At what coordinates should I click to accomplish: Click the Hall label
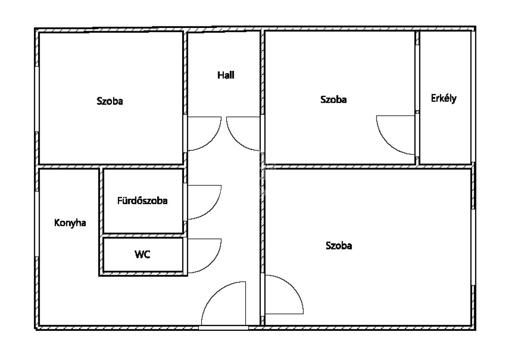pyautogui.click(x=226, y=75)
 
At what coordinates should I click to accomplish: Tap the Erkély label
pyautogui.click(x=444, y=98)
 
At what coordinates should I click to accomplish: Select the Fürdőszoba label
pyautogui.click(x=142, y=201)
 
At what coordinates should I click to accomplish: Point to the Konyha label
pyautogui.click(x=70, y=223)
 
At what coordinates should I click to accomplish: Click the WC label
pyautogui.click(x=142, y=254)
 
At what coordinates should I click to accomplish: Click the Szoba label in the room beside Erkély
pyautogui.click(x=334, y=100)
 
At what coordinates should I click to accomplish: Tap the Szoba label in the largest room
pyautogui.click(x=339, y=246)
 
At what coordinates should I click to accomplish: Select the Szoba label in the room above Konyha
pyautogui.click(x=110, y=101)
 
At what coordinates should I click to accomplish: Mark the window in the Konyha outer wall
pyautogui.click(x=36, y=224)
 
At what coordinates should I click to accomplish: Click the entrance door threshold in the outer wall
pyautogui.click(x=223, y=328)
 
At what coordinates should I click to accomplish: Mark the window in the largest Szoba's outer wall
pyautogui.click(x=473, y=247)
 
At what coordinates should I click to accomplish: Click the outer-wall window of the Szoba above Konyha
pyautogui.click(x=36, y=99)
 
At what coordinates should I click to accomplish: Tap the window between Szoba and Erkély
pyautogui.click(x=417, y=78)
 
